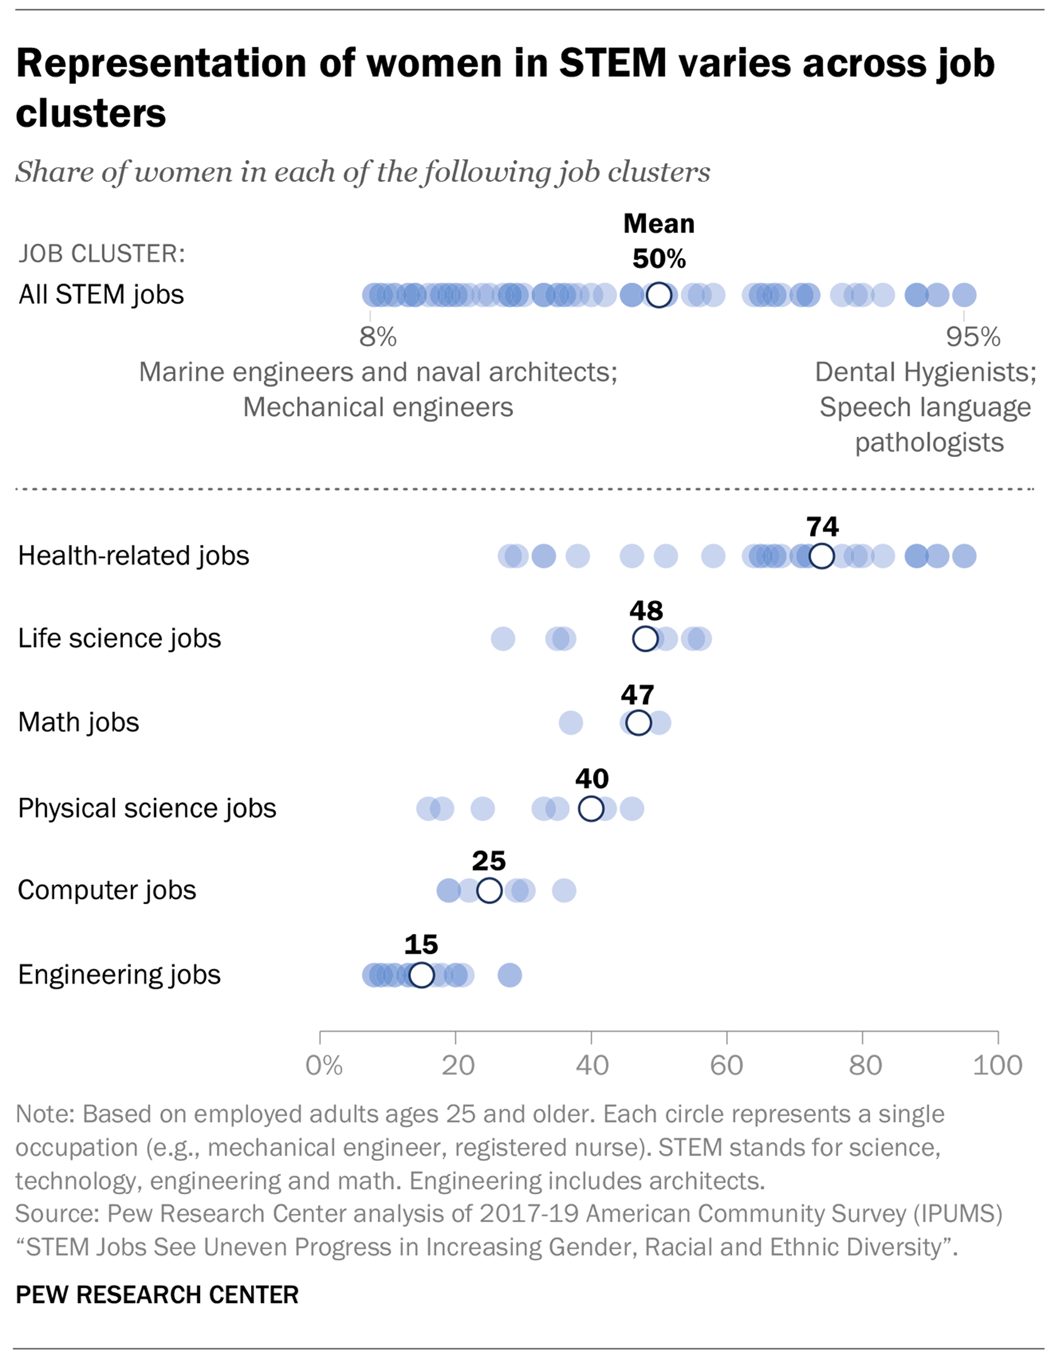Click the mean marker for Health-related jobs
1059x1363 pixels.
click(x=821, y=555)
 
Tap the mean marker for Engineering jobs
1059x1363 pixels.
click(x=421, y=975)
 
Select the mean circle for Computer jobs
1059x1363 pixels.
click(x=489, y=890)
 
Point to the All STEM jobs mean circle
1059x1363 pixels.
click(x=659, y=294)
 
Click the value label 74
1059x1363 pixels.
click(x=822, y=527)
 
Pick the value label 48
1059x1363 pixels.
click(x=646, y=610)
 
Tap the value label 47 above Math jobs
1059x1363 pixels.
click(x=637, y=695)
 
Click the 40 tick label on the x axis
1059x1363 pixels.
click(x=591, y=1066)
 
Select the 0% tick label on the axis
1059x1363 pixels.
click(x=323, y=1066)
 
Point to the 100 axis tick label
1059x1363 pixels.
click(x=997, y=1066)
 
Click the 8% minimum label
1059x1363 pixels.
click(x=377, y=337)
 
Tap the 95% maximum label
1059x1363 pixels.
click(x=973, y=337)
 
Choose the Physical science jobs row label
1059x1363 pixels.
click(x=147, y=808)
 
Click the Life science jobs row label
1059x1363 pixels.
click(x=119, y=638)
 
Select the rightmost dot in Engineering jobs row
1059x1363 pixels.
click(x=510, y=975)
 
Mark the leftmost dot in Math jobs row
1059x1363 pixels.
click(x=571, y=723)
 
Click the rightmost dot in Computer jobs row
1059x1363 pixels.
click(x=564, y=890)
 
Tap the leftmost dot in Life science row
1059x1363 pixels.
click(x=502, y=638)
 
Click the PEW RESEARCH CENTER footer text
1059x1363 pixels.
click(x=157, y=1295)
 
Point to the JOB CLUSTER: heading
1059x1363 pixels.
click(x=102, y=254)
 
